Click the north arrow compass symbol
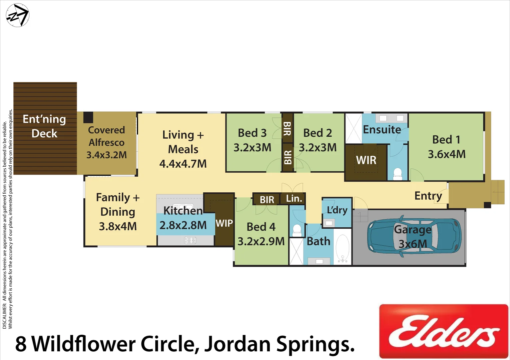[x=18, y=15]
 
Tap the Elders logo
[x=444, y=331]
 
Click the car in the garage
[x=414, y=236]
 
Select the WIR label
[x=366, y=160]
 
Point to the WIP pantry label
[x=224, y=223]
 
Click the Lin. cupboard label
[x=294, y=199]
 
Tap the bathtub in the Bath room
[x=342, y=248]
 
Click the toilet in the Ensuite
[x=398, y=174]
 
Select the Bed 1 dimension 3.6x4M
[x=446, y=154]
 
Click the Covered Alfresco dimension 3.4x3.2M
[x=107, y=155]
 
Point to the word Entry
[x=428, y=196]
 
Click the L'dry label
[x=337, y=210]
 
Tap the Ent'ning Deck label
[x=44, y=126]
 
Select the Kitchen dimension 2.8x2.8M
[x=183, y=225]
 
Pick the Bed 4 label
[x=261, y=227]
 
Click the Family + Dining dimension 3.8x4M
[x=118, y=227]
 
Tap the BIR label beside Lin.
[x=267, y=200]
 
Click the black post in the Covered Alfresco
[x=88, y=117]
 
